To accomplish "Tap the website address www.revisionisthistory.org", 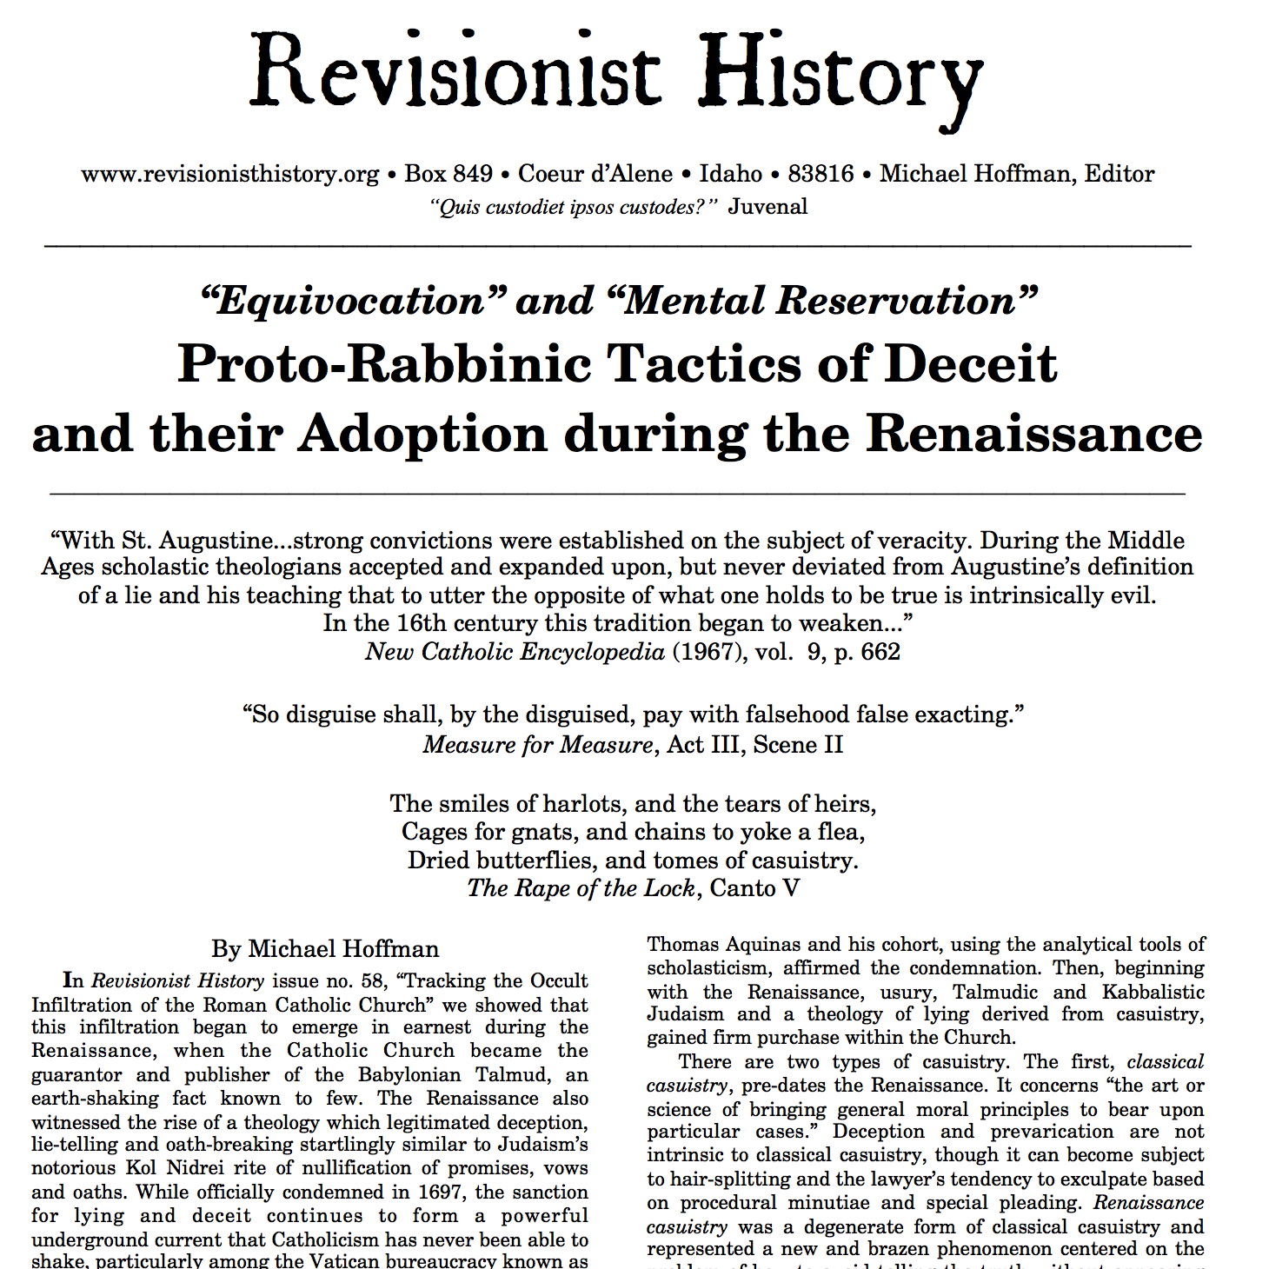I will [230, 174].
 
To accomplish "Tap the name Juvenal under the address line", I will [767, 207].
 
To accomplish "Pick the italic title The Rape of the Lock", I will [581, 887].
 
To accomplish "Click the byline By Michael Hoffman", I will [325, 948].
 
